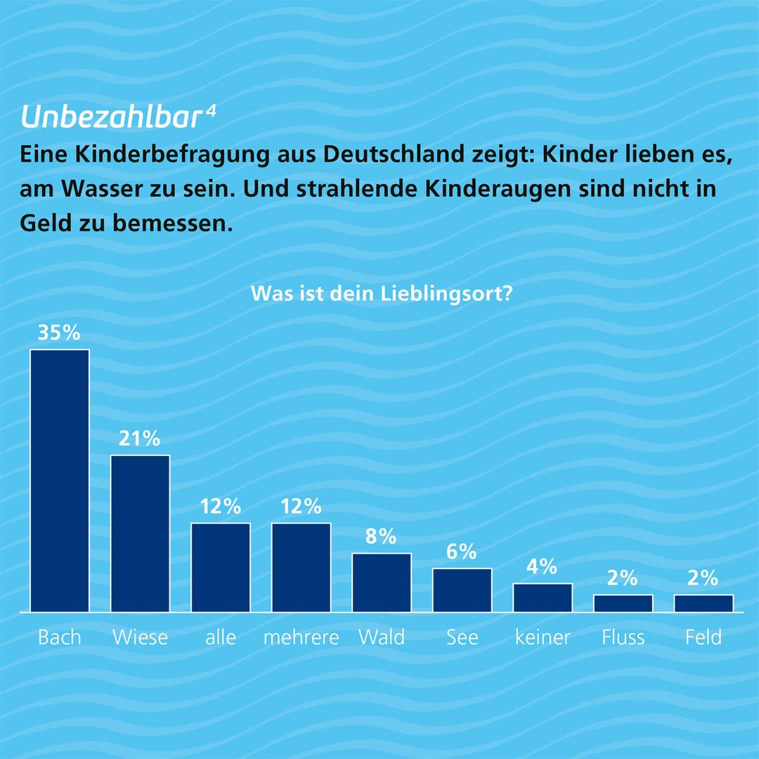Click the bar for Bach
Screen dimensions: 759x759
(x=60, y=481)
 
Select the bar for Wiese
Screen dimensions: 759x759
(x=140, y=534)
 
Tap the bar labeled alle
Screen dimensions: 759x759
(x=221, y=568)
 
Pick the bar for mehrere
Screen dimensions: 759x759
(x=301, y=568)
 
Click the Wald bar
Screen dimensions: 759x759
(x=382, y=583)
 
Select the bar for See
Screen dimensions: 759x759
(x=462, y=590)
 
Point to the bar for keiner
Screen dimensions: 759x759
(x=543, y=598)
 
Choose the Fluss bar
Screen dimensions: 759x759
(x=623, y=604)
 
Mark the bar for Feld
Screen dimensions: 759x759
(x=703, y=604)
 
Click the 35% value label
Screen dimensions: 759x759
(x=59, y=332)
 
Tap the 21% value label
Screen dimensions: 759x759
(x=140, y=439)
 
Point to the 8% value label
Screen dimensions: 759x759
(x=382, y=537)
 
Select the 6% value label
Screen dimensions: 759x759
(x=462, y=552)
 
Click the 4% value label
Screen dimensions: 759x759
(x=543, y=566)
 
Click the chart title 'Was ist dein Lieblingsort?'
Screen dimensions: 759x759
(x=381, y=293)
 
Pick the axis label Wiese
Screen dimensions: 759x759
(x=140, y=637)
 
